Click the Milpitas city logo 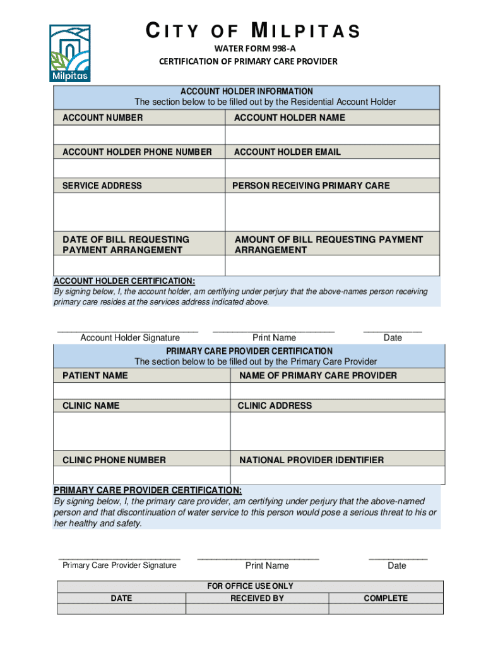69,53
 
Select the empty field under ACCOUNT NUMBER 139,135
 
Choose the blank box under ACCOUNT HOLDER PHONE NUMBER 139,169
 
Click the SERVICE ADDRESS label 102,186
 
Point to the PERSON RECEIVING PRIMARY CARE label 311,186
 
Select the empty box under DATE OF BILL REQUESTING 139,266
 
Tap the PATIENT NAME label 95,376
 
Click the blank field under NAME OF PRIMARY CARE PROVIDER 338,391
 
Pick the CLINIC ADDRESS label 275,406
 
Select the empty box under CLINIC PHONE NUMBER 142,475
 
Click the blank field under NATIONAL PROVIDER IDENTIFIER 338,475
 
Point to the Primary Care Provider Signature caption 119,565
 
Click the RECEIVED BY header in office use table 257,598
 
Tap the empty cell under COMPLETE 385,609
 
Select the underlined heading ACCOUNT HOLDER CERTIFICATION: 124,281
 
